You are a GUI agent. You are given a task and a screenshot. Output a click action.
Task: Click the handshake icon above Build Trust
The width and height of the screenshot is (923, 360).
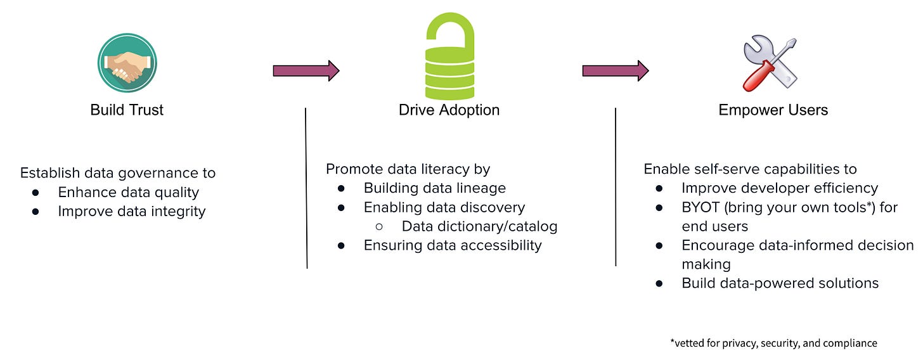[x=127, y=62]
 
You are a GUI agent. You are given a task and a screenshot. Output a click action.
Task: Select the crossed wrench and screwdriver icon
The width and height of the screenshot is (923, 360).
[x=769, y=62]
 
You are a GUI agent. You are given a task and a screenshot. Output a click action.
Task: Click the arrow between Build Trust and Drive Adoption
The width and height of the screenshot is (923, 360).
[x=306, y=70]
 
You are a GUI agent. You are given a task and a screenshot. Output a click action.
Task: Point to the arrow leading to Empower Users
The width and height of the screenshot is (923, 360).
[x=615, y=70]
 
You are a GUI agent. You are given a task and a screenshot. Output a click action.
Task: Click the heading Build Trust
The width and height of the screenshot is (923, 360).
[x=127, y=110]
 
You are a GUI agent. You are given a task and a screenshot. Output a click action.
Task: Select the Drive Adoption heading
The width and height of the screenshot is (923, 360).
[x=449, y=110]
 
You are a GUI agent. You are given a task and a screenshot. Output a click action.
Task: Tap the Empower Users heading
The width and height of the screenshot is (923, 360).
[x=773, y=110]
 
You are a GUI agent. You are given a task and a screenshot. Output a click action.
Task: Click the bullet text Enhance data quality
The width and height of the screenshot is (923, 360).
[x=128, y=192]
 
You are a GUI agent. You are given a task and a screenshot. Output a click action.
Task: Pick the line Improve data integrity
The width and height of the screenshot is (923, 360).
[x=131, y=211]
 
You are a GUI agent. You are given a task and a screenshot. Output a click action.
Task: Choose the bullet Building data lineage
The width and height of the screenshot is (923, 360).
[x=434, y=188]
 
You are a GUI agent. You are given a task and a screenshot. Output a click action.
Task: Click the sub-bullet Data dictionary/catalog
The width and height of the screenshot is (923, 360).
[x=479, y=226]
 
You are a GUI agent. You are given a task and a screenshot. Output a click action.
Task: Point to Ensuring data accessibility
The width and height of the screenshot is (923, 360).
[x=452, y=245]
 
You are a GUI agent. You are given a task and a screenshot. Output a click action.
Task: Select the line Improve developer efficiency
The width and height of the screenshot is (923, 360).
[x=779, y=188]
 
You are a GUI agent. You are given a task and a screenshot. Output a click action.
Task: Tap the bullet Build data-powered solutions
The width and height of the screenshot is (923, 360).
[x=780, y=283]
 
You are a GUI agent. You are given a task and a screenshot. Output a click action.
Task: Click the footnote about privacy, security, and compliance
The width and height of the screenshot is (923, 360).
[x=773, y=343]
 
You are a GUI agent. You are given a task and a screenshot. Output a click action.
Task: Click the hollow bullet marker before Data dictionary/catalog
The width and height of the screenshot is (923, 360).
[x=380, y=226]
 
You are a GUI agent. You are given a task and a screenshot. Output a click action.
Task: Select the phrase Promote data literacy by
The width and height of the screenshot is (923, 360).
[x=408, y=169]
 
